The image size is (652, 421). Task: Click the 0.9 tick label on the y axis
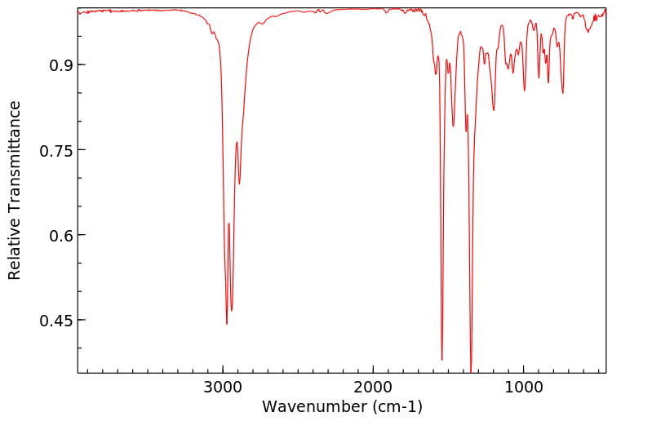click(x=51, y=65)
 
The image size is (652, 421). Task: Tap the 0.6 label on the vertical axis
click(x=51, y=235)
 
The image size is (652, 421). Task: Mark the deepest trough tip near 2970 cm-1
click(x=227, y=324)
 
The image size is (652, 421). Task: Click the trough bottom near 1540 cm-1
click(x=442, y=360)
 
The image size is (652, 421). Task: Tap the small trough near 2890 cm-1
click(x=239, y=184)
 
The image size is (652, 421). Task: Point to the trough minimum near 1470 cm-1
click(x=453, y=126)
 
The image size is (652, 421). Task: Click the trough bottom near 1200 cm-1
click(x=494, y=110)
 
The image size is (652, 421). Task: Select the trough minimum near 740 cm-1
click(x=562, y=93)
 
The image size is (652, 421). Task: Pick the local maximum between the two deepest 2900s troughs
click(x=229, y=224)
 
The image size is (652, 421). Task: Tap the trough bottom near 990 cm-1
click(x=525, y=91)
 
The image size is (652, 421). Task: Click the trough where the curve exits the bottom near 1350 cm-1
click(x=471, y=370)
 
